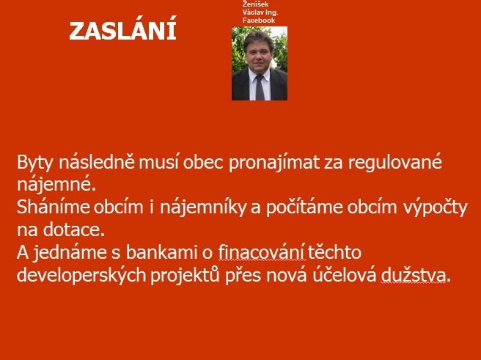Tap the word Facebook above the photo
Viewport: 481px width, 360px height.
[x=259, y=21]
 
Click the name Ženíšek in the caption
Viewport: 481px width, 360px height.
[x=255, y=4]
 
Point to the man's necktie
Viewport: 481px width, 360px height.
[x=260, y=87]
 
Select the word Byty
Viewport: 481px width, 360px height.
[x=35, y=163]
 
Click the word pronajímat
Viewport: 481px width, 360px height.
[x=274, y=163]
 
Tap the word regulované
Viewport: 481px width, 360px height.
[x=394, y=162]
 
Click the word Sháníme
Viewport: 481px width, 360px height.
[x=53, y=207]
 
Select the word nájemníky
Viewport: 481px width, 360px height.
[x=203, y=207]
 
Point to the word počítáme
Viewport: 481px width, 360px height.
[x=304, y=207]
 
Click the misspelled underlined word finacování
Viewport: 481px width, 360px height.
[x=262, y=252]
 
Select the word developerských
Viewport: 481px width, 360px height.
[x=81, y=276]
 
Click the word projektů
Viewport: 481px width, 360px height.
[x=185, y=276]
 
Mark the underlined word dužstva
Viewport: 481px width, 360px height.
[x=414, y=275]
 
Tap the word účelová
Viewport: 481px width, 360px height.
[x=344, y=275]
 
